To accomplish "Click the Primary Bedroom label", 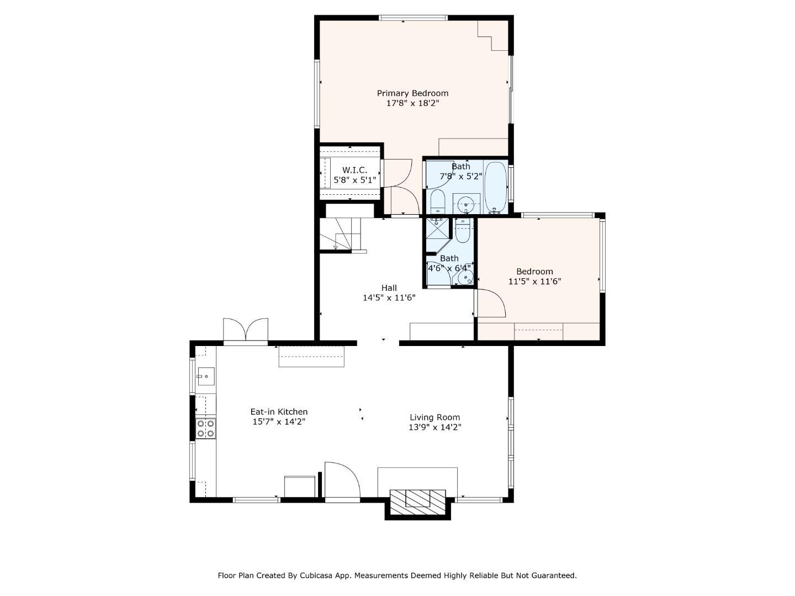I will (412, 93).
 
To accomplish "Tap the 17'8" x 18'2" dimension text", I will (412, 103).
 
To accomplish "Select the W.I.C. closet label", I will (354, 170).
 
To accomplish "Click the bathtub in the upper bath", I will (495, 187).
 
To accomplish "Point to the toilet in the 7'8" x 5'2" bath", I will (438, 201).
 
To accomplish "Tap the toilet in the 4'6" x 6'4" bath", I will (463, 231).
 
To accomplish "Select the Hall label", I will (389, 288).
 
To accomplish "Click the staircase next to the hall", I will (341, 234).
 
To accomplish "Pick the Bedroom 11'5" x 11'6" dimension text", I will (534, 281).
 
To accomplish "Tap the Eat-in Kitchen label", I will (279, 412).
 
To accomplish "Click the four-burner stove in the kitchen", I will (205, 429).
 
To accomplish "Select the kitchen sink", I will (205, 376).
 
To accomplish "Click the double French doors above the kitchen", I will (246, 330).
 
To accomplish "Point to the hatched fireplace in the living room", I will (417, 498).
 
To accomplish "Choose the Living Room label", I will (434, 417).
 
